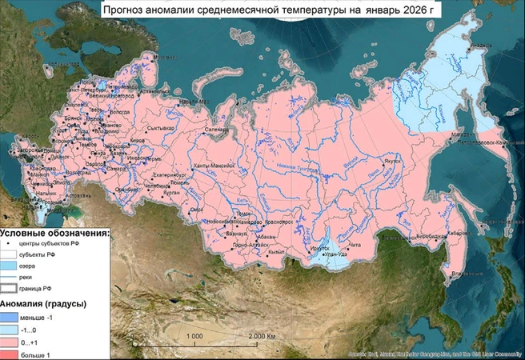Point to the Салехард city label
pyautogui.click(x=217, y=129)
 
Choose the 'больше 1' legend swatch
pyautogui.click(x=11, y=353)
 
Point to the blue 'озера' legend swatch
pyautogui.click(x=11, y=266)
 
